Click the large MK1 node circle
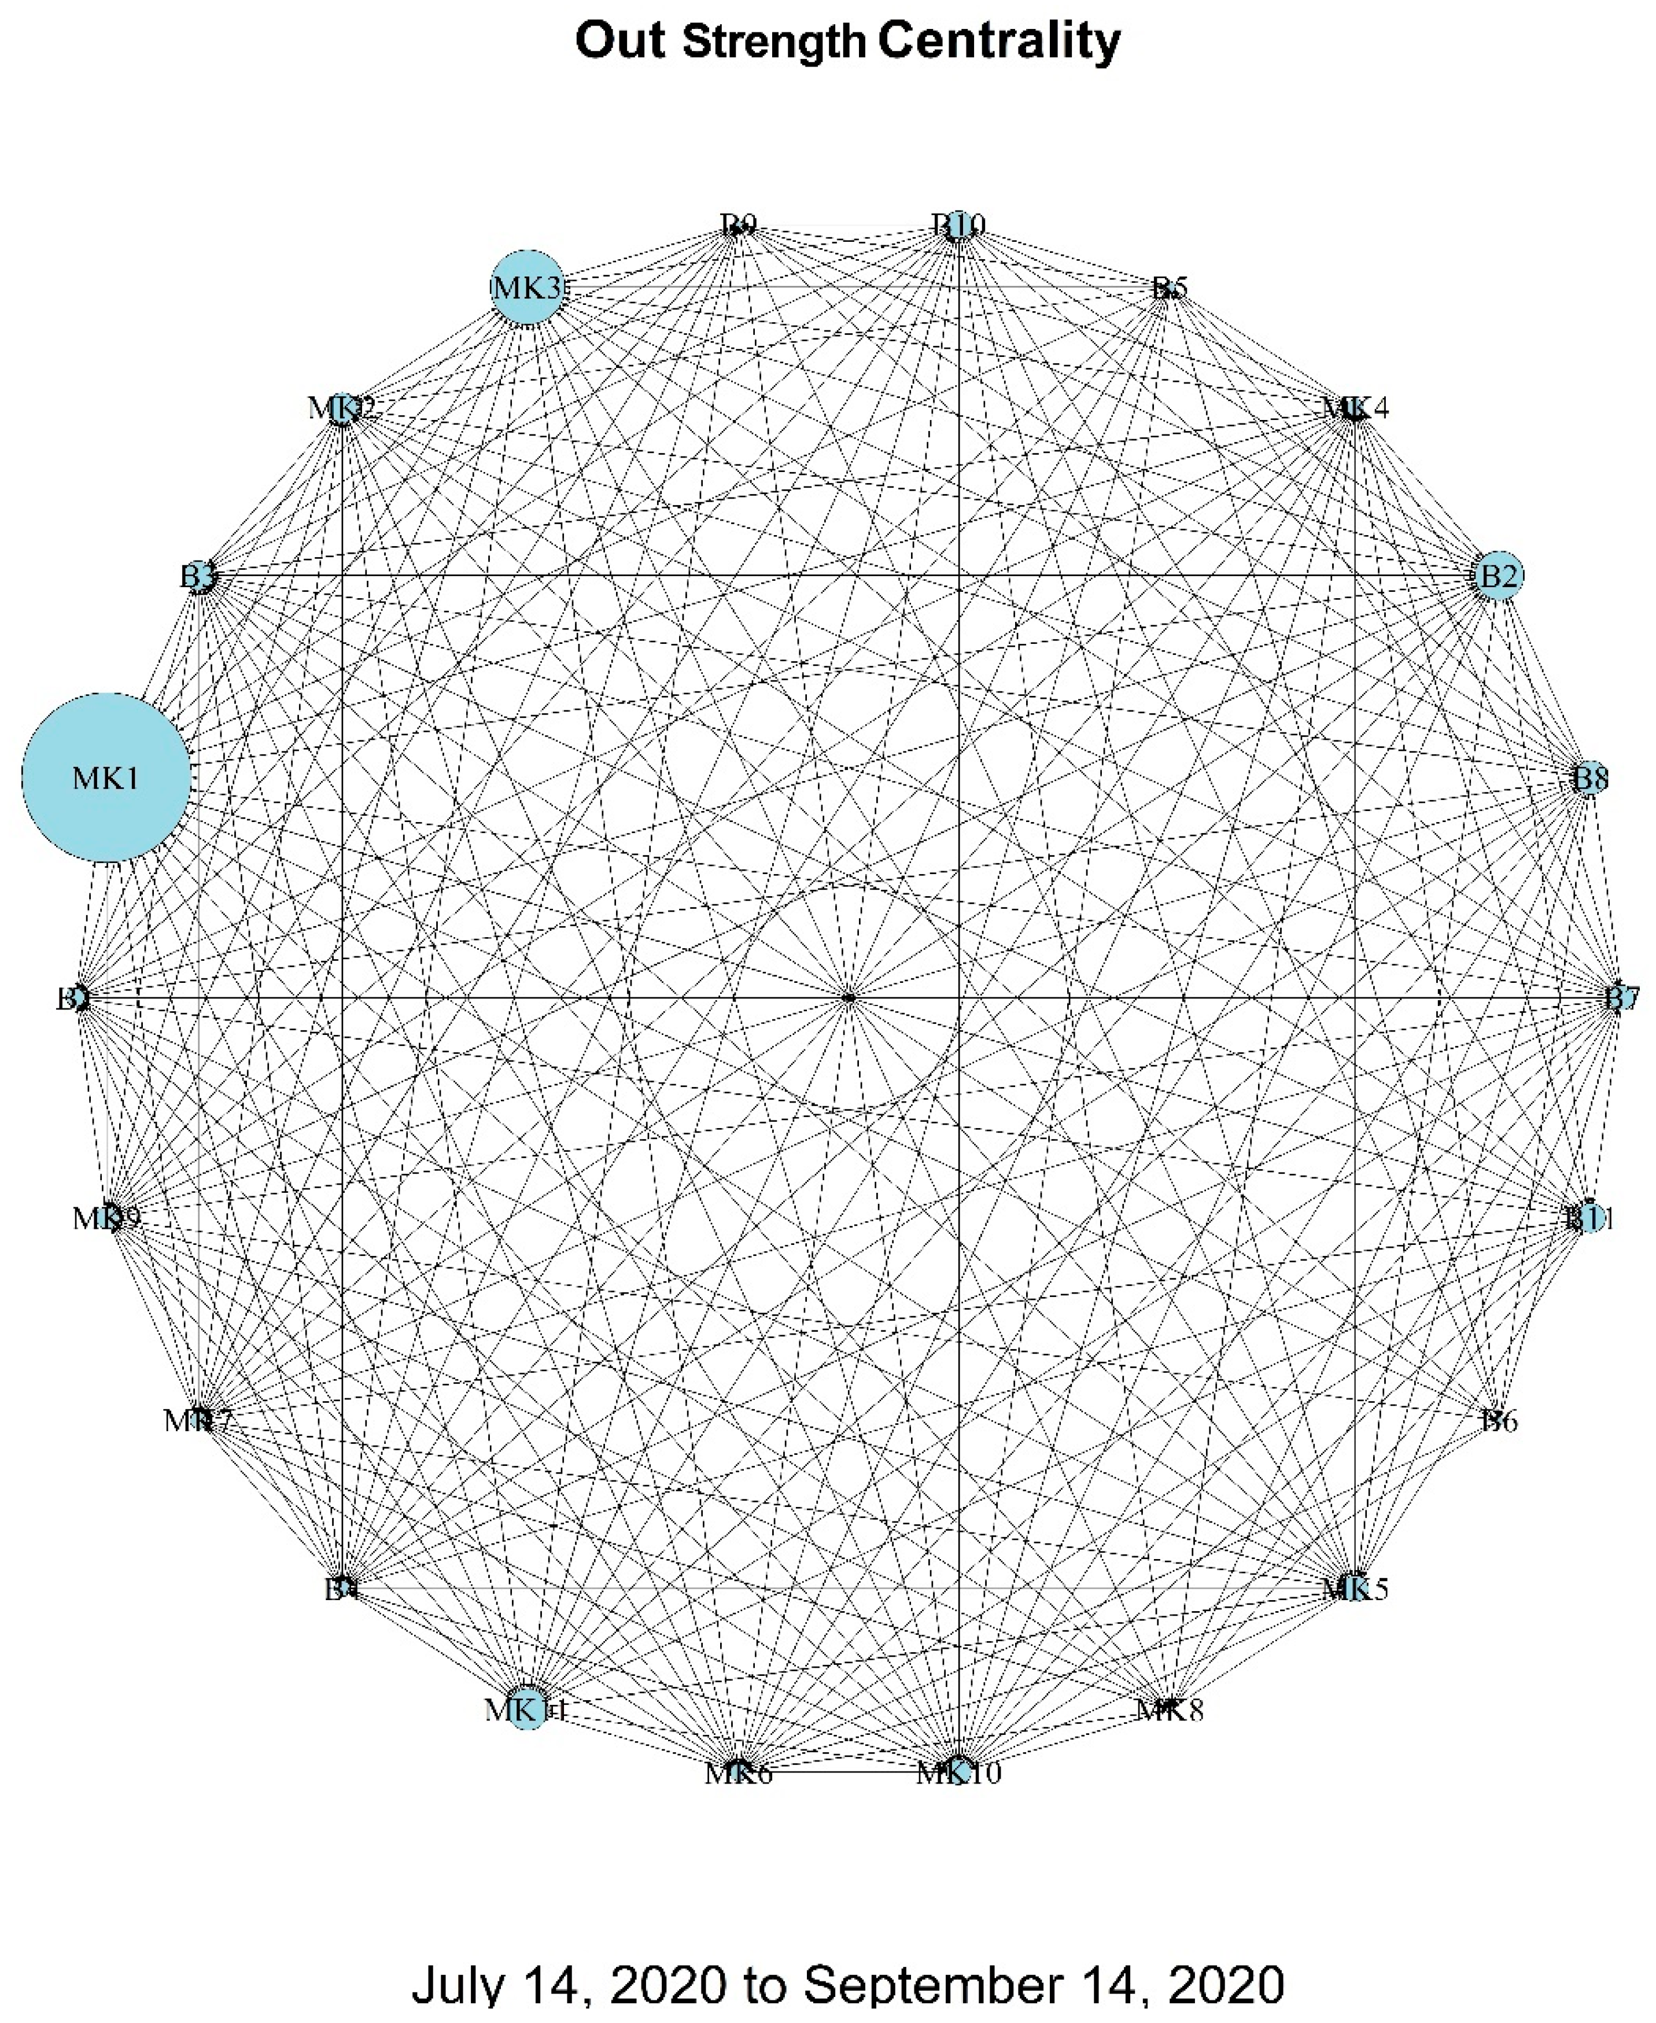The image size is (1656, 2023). click(106, 777)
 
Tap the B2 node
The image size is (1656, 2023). click(1497, 576)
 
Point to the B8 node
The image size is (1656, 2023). click(1589, 778)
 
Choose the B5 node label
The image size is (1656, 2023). click(1168, 288)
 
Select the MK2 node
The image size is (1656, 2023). click(344, 408)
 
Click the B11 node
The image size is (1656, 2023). click(1589, 1218)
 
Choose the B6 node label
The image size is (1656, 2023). click(1498, 1421)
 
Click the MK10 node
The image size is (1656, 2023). click(958, 1772)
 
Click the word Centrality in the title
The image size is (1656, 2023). click(999, 42)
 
